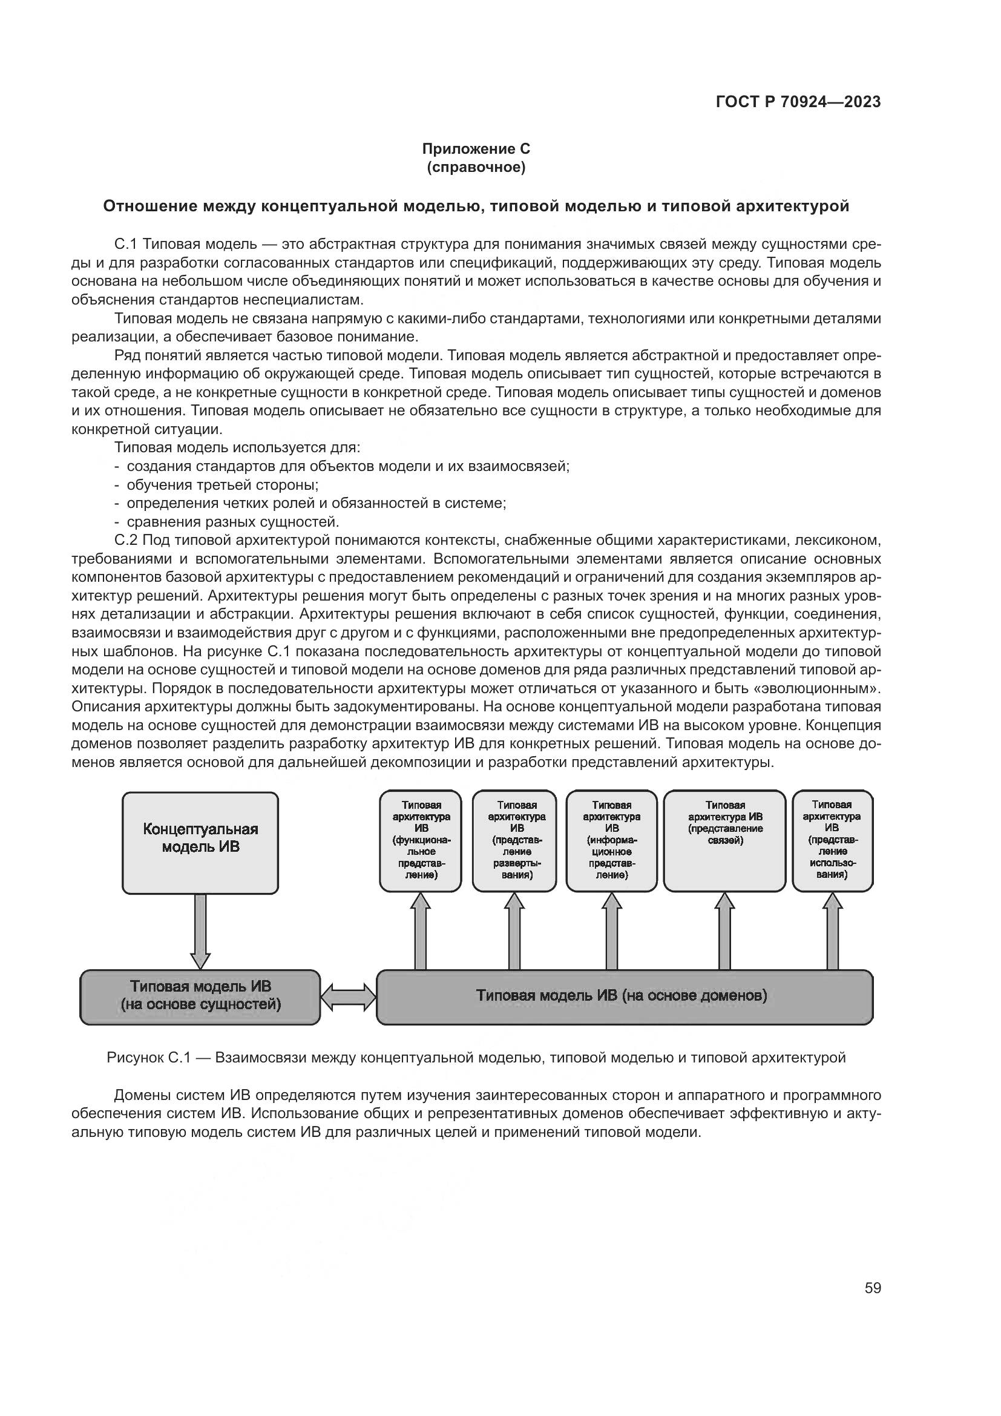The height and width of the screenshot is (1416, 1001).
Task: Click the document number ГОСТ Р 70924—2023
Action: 798,102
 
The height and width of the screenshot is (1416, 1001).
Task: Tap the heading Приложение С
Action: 475,149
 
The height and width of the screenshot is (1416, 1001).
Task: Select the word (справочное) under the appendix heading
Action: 475,167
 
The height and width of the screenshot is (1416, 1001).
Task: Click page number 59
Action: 872,1287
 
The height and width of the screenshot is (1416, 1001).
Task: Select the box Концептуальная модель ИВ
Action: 200,843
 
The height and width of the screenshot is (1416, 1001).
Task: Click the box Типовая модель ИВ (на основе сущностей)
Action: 200,996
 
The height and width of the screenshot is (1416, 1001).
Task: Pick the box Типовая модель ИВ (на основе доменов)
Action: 624,996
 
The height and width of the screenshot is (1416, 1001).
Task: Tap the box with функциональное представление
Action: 421,841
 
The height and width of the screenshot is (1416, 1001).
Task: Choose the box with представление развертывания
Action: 514,841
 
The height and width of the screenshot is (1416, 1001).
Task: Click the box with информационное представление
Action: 611,841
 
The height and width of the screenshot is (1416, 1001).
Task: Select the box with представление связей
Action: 724,841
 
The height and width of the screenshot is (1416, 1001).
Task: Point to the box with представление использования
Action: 832,841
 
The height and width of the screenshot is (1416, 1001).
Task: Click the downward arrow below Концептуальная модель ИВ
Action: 200,931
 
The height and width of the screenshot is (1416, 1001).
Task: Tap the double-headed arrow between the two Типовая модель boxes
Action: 348,996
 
